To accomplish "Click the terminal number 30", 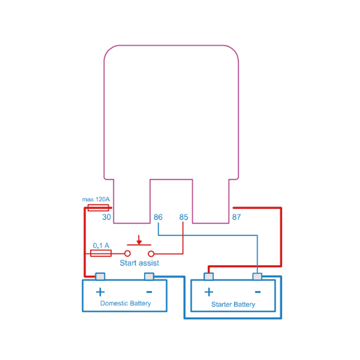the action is coord(106,217).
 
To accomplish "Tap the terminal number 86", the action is coord(158,217).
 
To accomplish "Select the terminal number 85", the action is coord(184,217).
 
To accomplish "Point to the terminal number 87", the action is coord(237,217).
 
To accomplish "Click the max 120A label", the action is coord(96,200).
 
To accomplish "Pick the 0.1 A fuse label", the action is coord(101,245).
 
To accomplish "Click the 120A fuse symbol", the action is coord(98,208).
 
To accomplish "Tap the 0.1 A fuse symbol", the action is coord(101,253).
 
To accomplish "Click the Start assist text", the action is coord(139,263).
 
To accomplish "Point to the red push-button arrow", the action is coord(139,240).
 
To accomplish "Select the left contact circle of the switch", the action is coord(128,254).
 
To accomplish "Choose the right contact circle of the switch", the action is coord(151,254).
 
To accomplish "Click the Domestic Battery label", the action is coord(125,303).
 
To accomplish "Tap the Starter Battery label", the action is coord(233,304).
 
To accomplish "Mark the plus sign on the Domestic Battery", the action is coord(100,292).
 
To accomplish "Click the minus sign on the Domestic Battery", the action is coord(149,292).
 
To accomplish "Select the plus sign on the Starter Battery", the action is coord(209,292).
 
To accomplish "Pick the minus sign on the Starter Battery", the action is coord(258,292).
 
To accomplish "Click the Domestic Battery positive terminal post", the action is coord(100,276).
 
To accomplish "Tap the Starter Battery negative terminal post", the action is coord(257,276).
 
